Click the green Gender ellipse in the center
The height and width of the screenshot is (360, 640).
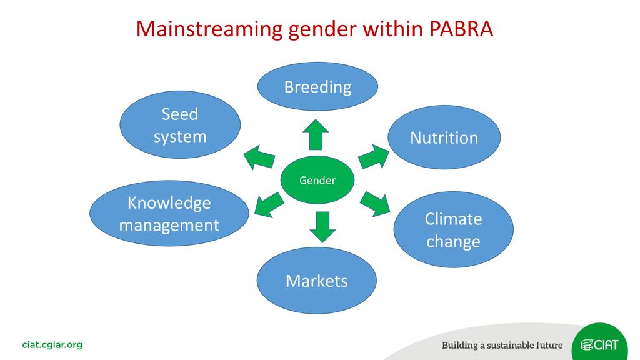point(317,179)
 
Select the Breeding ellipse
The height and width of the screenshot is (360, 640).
point(317,86)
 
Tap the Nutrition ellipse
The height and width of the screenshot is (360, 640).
point(444,137)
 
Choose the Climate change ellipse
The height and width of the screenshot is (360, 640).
point(454,230)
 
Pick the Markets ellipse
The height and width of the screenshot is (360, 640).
point(317,281)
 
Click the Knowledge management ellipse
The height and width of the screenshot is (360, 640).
point(169,214)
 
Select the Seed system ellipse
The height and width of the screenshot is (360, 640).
point(180,124)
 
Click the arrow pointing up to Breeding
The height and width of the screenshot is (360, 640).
point(316,134)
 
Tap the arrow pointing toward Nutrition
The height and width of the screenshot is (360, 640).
point(374,157)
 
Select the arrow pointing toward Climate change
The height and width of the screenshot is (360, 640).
point(375,204)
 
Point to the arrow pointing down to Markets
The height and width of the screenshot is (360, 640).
point(322,227)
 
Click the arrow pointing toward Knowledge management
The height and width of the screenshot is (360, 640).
point(269,205)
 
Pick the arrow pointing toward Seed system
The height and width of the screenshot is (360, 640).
point(259,157)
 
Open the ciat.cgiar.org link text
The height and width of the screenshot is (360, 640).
point(52,345)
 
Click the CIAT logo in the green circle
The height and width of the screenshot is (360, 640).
point(599,344)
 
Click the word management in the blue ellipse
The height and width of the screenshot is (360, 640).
point(169,226)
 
